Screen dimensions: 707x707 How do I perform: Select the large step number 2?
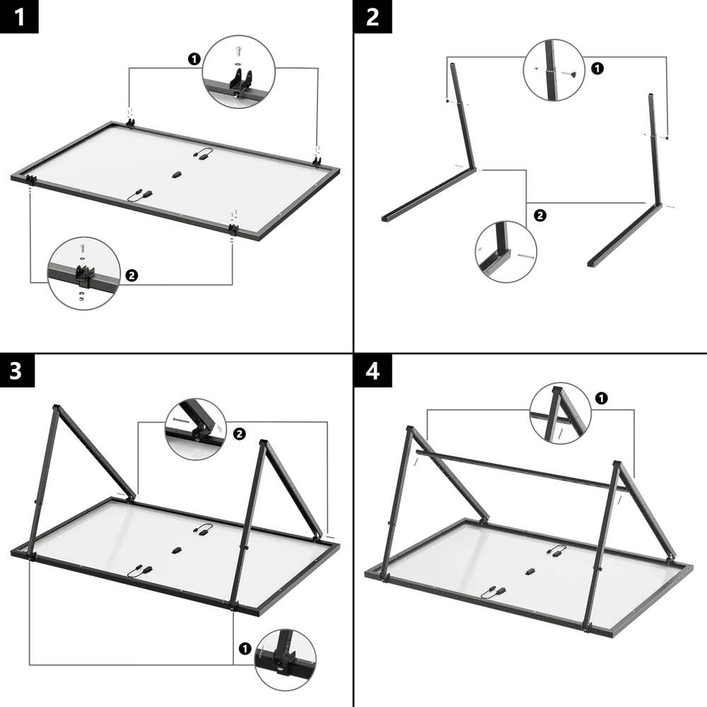tap(373, 17)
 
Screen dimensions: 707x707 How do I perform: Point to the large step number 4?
tap(373, 370)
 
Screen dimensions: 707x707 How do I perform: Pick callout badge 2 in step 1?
tap(132, 275)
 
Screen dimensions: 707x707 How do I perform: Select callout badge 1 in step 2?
tap(597, 69)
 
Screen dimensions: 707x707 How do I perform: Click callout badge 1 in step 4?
tap(600, 399)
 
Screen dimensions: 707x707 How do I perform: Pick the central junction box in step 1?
tap(176, 173)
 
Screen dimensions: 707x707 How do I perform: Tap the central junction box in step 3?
tap(176, 549)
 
